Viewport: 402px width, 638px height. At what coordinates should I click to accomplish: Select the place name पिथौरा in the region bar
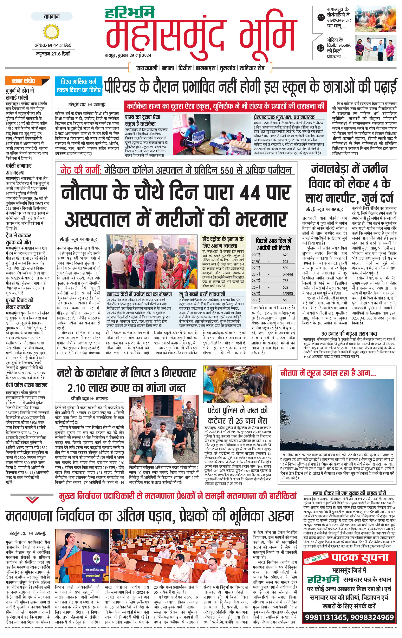pyautogui.click(x=185, y=68)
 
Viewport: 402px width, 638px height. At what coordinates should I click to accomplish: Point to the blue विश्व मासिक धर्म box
pyautogui.click(x=78, y=86)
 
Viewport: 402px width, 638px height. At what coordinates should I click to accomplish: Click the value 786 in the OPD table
pyautogui.click(x=285, y=281)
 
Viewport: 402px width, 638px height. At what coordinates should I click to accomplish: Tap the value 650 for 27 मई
pyautogui.click(x=285, y=300)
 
